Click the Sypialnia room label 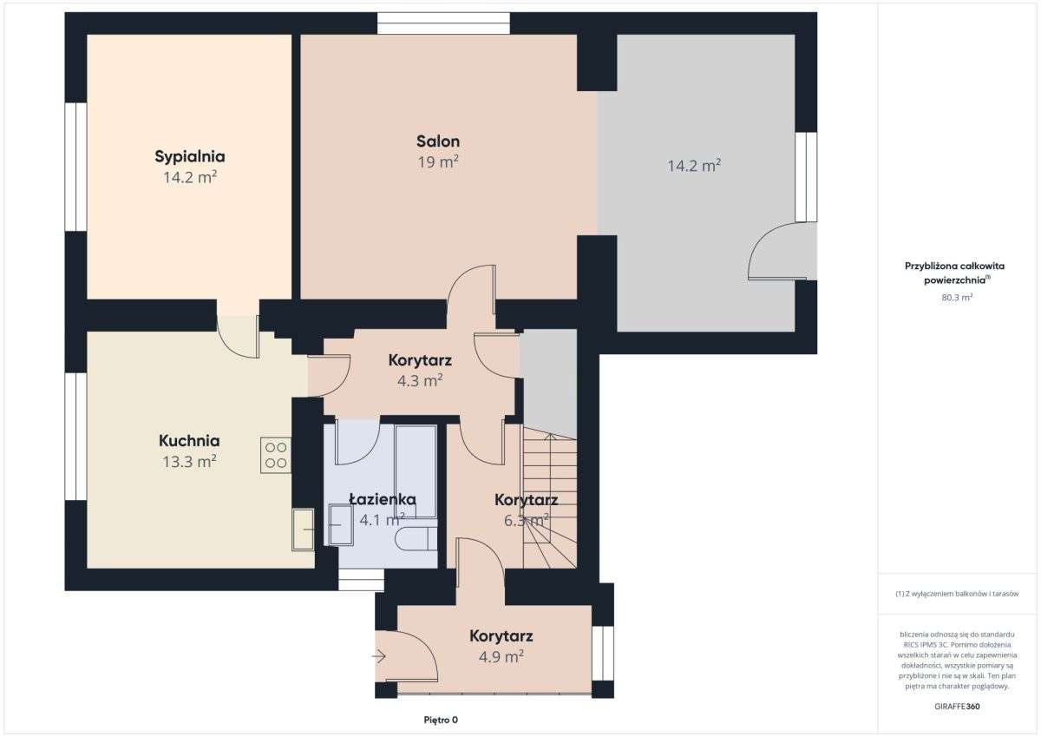click(190, 157)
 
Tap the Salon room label click(438, 141)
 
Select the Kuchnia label click(189, 440)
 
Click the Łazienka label click(382, 499)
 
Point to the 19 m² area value click(438, 161)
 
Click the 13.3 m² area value click(189, 461)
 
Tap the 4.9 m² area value click(501, 656)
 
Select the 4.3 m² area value click(420, 380)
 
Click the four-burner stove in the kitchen click(276, 455)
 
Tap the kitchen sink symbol click(303, 530)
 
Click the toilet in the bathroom click(416, 539)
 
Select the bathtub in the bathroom click(416, 471)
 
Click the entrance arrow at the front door click(379, 656)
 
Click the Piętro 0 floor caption click(441, 720)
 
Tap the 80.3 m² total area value click(957, 297)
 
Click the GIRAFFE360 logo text click(957, 707)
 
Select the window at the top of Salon click(443, 23)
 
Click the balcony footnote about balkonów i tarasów click(957, 594)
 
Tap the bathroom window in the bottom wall click(361, 580)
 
